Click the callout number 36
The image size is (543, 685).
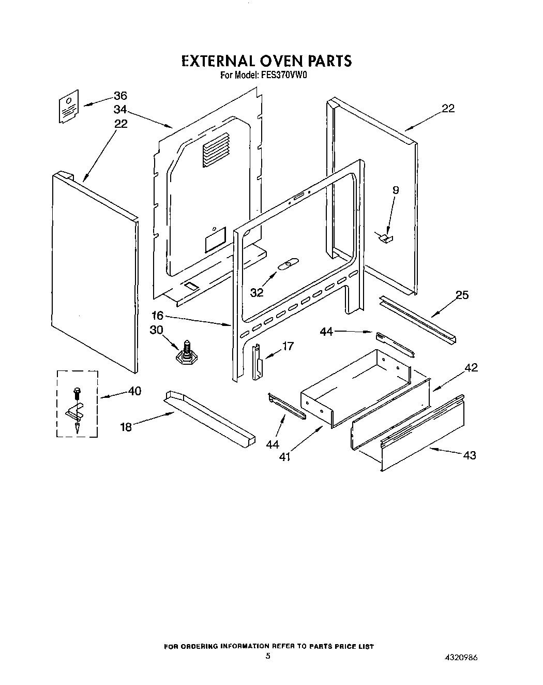(x=120, y=96)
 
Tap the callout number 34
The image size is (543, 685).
(x=120, y=110)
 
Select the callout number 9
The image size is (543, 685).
(x=396, y=190)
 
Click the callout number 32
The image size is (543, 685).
(x=257, y=292)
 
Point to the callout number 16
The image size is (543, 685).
(x=158, y=315)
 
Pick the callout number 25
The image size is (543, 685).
(x=462, y=295)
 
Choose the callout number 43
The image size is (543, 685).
(x=470, y=455)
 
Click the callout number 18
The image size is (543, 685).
(x=126, y=427)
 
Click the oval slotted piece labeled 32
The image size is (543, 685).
(x=286, y=265)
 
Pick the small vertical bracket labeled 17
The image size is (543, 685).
(x=257, y=362)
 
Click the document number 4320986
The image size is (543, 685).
(x=460, y=658)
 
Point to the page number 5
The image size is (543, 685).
(x=267, y=657)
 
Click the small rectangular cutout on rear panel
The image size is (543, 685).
(x=215, y=241)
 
